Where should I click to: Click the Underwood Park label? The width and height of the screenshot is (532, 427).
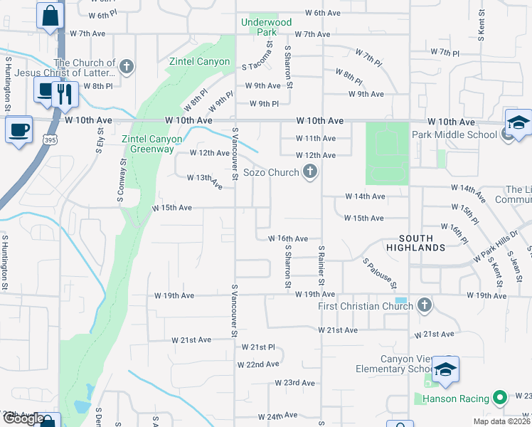[x=267, y=27]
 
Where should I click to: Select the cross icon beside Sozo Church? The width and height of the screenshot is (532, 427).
[x=309, y=172]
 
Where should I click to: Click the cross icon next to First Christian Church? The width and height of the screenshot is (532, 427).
[x=425, y=306]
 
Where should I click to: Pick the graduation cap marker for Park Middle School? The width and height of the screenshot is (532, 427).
[x=518, y=122]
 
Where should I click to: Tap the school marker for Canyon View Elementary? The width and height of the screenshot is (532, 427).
[x=445, y=369]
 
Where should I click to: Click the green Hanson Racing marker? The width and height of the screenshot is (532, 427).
[x=500, y=399]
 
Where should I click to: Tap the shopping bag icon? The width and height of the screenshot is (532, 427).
[x=50, y=15]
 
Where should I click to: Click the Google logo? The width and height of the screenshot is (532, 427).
[x=23, y=418]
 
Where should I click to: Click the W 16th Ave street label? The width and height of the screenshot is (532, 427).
[x=287, y=238]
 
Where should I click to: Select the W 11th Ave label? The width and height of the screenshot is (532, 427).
[x=316, y=138]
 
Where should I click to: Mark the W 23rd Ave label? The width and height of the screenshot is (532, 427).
[x=294, y=383]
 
